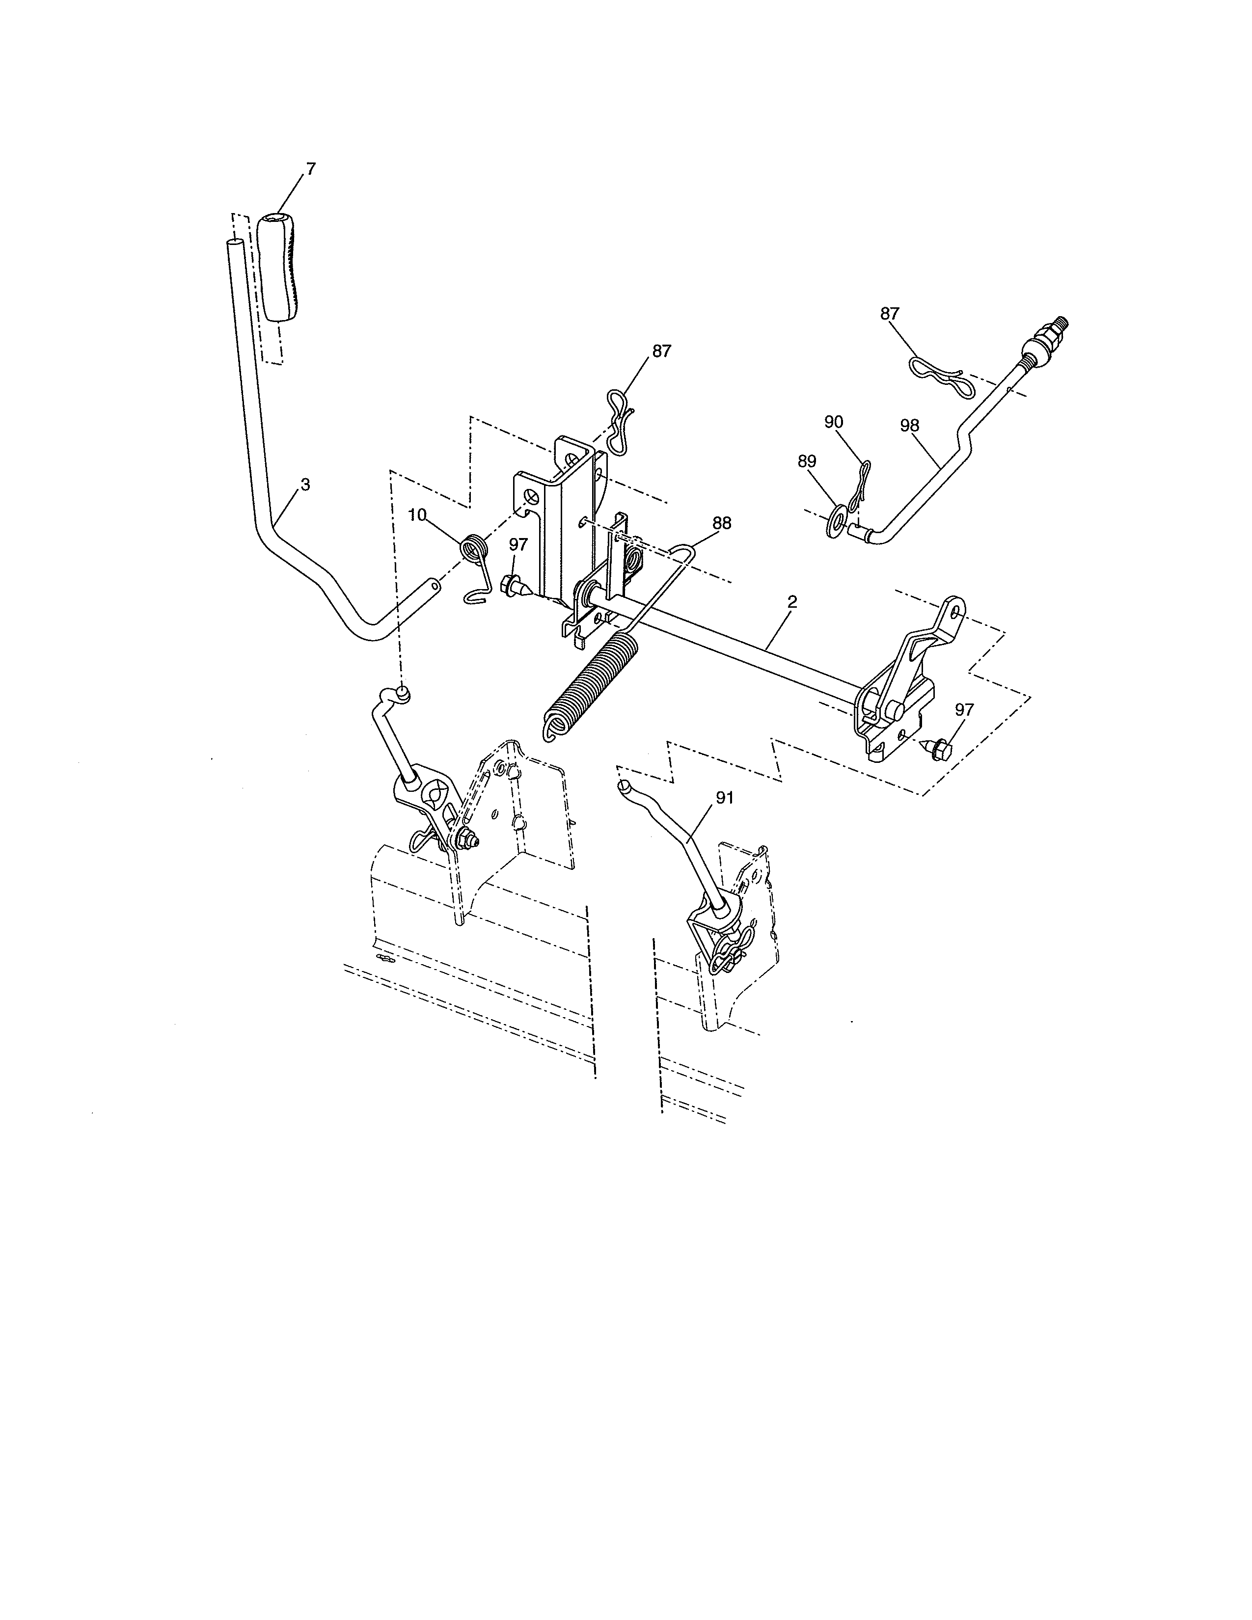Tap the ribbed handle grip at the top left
[x=280, y=267]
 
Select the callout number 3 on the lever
[x=305, y=485]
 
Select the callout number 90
[x=834, y=421]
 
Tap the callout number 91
[x=725, y=797]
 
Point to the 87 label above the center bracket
[x=662, y=351]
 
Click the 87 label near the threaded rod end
[x=889, y=314]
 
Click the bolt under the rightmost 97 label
[x=936, y=748]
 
